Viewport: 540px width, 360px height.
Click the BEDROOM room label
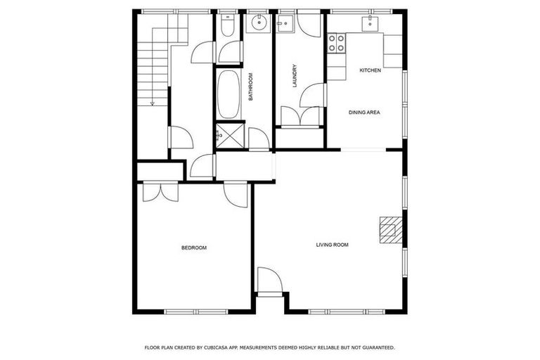[x=194, y=247]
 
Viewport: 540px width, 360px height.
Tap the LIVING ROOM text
[x=332, y=245]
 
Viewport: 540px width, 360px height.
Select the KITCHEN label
[x=371, y=70]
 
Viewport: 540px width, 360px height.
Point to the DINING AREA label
[x=365, y=112]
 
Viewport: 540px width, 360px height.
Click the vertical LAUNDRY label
[x=295, y=76]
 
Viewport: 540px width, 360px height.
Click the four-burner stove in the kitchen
[x=337, y=44]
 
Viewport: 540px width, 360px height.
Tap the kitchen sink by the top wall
[x=370, y=24]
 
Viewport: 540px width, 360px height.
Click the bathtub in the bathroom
[x=229, y=94]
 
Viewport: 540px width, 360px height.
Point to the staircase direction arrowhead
[x=153, y=103]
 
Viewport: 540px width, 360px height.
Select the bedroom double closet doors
[x=160, y=192]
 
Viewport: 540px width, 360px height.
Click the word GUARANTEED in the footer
[x=375, y=347]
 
